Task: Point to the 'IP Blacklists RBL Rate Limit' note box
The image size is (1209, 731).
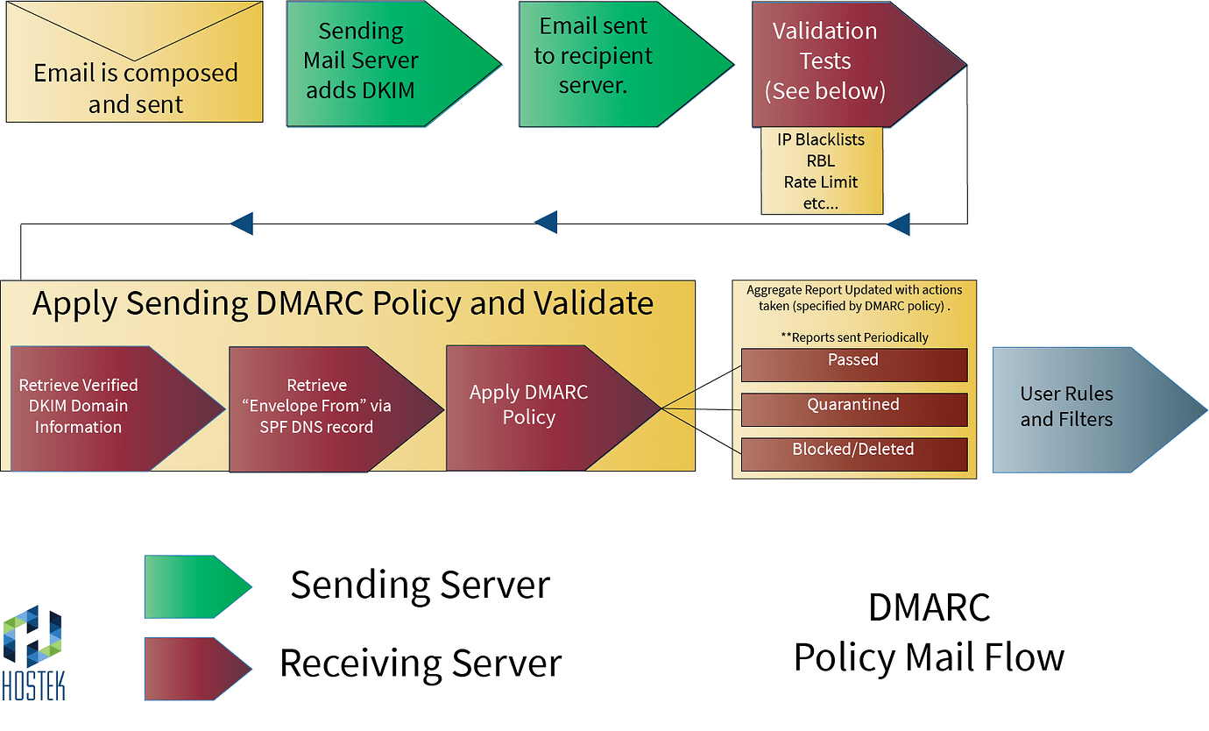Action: tap(821, 171)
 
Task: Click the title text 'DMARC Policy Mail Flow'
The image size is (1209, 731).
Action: tap(929, 631)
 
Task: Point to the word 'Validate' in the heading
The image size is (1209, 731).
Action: tap(591, 303)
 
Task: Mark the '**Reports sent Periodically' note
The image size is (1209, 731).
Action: tap(853, 337)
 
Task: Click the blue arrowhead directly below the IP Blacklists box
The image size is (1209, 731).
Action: tap(898, 224)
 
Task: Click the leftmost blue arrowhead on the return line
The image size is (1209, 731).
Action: tap(242, 224)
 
